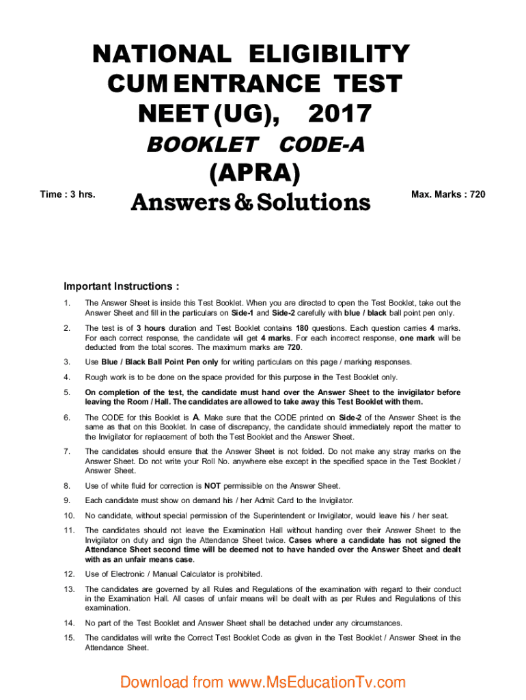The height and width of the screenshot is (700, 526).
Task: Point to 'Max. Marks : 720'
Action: (x=448, y=195)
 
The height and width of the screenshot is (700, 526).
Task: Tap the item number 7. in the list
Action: (x=66, y=451)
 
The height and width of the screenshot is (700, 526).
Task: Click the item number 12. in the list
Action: (x=68, y=574)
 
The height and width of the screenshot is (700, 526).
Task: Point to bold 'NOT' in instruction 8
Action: (x=212, y=486)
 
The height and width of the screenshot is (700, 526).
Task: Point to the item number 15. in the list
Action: (x=68, y=637)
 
